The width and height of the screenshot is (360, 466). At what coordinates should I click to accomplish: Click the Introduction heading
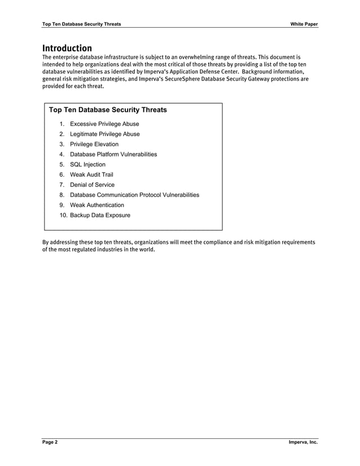[67, 48]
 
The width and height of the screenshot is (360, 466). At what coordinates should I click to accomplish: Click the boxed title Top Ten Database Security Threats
[108, 110]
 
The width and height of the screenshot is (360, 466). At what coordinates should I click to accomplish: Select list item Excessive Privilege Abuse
[104, 124]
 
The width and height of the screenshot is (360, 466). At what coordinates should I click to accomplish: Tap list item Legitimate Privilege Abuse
[104, 134]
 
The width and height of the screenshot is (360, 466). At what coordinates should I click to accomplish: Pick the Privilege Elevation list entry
[94, 144]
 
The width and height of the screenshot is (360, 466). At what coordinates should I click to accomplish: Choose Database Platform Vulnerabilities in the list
[113, 155]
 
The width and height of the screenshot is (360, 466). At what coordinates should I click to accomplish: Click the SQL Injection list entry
[87, 165]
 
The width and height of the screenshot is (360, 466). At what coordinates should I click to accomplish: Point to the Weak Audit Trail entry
[91, 175]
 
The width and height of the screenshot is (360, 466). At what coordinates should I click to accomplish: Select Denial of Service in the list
[92, 185]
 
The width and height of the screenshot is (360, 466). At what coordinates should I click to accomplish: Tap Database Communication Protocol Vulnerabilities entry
[134, 195]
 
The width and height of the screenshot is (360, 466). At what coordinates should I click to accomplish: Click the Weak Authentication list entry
[97, 205]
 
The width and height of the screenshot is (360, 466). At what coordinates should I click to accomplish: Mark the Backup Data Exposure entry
[100, 216]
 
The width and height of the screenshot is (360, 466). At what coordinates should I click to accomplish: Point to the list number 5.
[62, 165]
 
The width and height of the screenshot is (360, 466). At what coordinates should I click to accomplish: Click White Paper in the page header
[304, 24]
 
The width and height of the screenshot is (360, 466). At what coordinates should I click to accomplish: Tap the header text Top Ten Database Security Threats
[81, 24]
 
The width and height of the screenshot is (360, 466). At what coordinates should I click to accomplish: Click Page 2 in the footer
[50, 442]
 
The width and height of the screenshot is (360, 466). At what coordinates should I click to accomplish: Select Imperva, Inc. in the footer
[303, 442]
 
